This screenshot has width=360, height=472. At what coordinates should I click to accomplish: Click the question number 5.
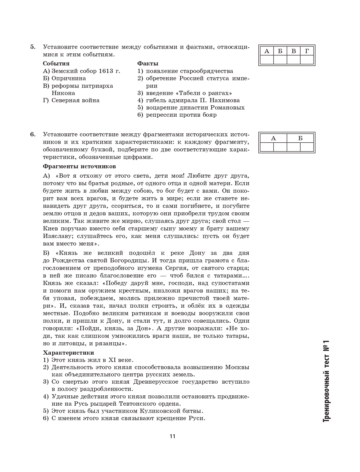tap(33, 47)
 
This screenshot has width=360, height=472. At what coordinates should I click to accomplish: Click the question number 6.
tap(33, 135)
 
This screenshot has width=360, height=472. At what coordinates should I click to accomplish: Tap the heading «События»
tap(56, 64)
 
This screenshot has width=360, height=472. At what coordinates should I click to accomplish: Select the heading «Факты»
tap(148, 64)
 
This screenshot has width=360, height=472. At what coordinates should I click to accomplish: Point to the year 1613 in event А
tap(106, 71)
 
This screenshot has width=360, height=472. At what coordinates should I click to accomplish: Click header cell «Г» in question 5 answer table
tap(307, 51)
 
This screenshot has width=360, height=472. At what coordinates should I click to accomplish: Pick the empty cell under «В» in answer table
tap(294, 60)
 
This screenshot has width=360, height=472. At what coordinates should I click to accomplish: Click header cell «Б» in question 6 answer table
tap(300, 138)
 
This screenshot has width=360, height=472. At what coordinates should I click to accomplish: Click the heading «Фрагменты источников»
tap(79, 166)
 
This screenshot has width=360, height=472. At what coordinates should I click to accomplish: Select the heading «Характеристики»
tap(68, 353)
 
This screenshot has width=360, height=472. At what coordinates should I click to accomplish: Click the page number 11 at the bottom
tap(172, 436)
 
